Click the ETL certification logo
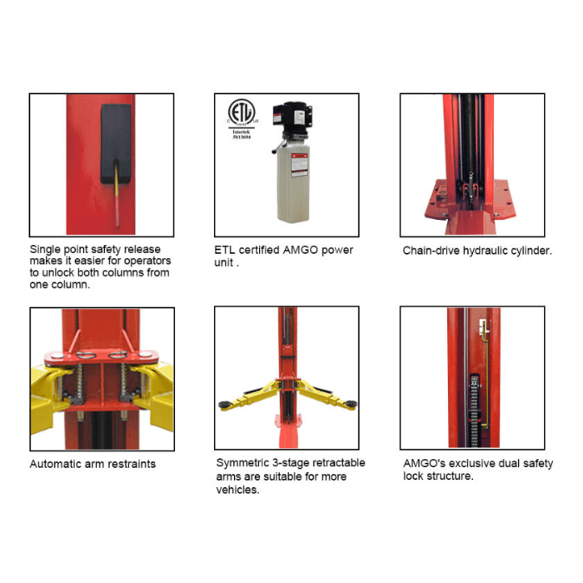pos(242,112)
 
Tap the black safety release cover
pos(116,143)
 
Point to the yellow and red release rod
pos(117,194)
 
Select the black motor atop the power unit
pos(291,118)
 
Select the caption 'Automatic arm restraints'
pos(92,464)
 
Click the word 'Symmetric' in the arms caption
pos(242,463)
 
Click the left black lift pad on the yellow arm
pos(224,405)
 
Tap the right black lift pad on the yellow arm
pos(351,404)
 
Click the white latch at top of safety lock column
pos(484,328)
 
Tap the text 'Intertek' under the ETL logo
pos(242,132)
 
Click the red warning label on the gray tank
pos(299,164)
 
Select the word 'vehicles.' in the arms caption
pos(238,490)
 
